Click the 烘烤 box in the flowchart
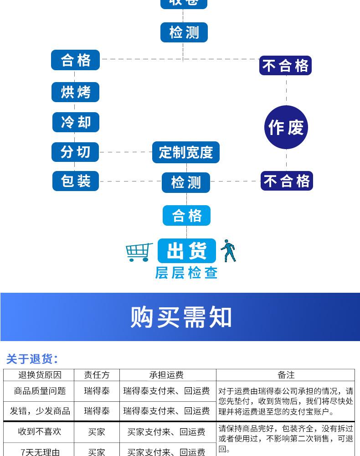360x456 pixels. [x=75, y=92]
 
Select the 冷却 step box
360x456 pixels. [x=75, y=122]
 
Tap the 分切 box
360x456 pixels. [x=75, y=152]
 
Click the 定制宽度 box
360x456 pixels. [x=186, y=152]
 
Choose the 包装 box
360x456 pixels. [x=75, y=181]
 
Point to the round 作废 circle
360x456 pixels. [x=286, y=127]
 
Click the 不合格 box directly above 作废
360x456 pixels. [x=286, y=66]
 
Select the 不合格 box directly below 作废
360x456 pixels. [x=287, y=181]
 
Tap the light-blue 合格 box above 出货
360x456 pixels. [x=186, y=215]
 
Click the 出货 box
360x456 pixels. [x=186, y=250]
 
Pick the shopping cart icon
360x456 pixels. [x=139, y=252]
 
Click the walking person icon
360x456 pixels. [x=228, y=251]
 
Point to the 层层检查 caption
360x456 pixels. [x=186, y=273]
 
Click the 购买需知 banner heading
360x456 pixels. [x=181, y=317]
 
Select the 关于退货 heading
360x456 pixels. [x=32, y=359]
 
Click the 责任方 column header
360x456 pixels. [x=97, y=375]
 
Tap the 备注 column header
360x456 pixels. [x=286, y=375]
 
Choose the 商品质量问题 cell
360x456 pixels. [x=40, y=391]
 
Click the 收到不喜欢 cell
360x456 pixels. [x=40, y=431]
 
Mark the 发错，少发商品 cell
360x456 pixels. [x=40, y=411]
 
